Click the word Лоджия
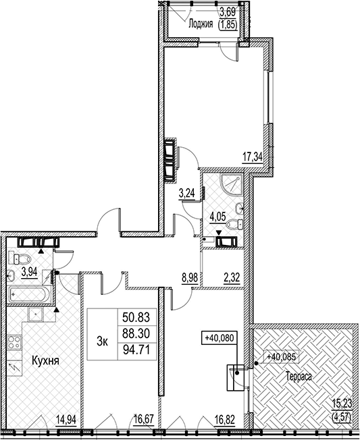[x=201, y=24]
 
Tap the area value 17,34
[x=253, y=157]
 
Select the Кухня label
[x=45, y=360]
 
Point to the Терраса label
[x=299, y=377]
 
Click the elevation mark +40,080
[x=220, y=338]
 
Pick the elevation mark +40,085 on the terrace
[x=281, y=357]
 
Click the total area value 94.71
[x=136, y=350]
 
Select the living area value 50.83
[x=136, y=317]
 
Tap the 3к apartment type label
[x=102, y=341]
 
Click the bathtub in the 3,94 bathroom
[x=30, y=294]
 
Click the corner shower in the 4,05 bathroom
[x=231, y=184]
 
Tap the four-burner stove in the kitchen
[x=14, y=342]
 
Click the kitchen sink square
[x=35, y=314]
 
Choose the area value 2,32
[x=232, y=278]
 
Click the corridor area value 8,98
[x=190, y=278]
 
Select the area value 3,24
[x=187, y=193]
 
